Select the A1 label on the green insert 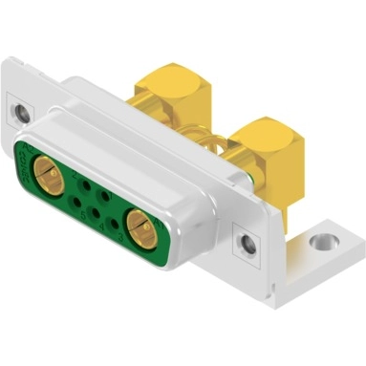click(x=160, y=224)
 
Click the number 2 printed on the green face click(x=75, y=175)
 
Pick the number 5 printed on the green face click(x=83, y=215)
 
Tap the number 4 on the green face click(x=100, y=227)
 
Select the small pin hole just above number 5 click(x=76, y=203)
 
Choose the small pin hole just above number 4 click(x=95, y=213)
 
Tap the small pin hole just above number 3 click(x=114, y=223)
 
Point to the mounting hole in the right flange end click(x=248, y=244)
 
